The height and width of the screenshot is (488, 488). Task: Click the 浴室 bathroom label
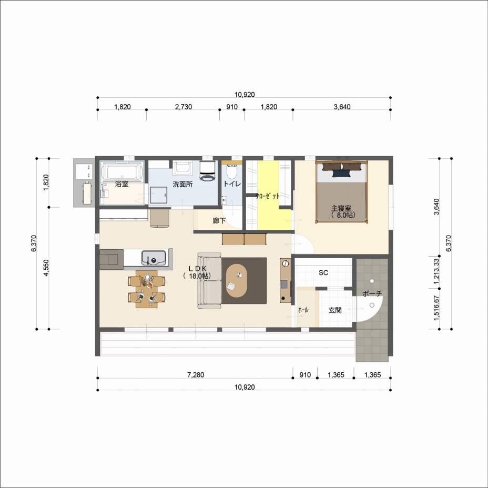pos(121,184)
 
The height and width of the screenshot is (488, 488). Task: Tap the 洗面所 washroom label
pos(182,184)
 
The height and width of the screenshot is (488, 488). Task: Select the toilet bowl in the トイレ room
pos(232,172)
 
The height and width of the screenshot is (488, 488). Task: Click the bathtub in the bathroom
pos(122,171)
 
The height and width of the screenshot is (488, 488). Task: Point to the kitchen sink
pos(154,258)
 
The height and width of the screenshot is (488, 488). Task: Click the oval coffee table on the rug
pos(237,281)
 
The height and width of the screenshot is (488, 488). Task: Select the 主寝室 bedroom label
pos(341,208)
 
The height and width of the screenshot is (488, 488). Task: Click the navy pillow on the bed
pos(341,174)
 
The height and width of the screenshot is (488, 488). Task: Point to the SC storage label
pos(323,272)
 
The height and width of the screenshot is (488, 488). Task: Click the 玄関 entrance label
pos(335,310)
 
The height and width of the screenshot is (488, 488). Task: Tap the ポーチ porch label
pos(372,293)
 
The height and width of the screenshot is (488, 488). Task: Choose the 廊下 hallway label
pos(219,221)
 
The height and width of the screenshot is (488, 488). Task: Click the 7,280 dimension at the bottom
pos(196,375)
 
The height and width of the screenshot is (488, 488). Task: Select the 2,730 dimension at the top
pos(184,107)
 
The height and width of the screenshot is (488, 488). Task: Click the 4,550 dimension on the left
pos(46,268)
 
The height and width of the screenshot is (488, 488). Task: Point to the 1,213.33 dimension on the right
pos(436,271)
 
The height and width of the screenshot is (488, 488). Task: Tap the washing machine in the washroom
pos(207,171)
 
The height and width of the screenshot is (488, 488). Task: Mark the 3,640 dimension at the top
pos(342,107)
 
